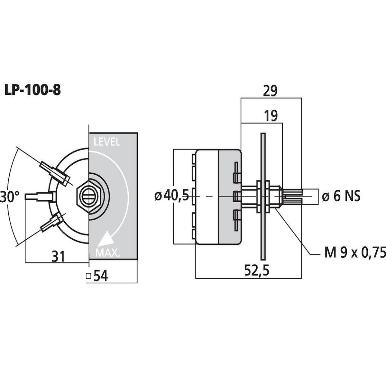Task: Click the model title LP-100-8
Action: tap(32, 90)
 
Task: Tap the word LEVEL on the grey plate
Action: tap(107, 142)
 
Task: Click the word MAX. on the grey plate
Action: tap(107, 253)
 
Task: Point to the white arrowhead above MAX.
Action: tap(106, 239)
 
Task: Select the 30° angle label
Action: tap(10, 197)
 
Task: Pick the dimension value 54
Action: tap(101, 276)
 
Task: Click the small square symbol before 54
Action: tap(88, 276)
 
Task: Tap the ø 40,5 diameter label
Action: tap(172, 196)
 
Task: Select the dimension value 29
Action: tap(270, 91)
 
